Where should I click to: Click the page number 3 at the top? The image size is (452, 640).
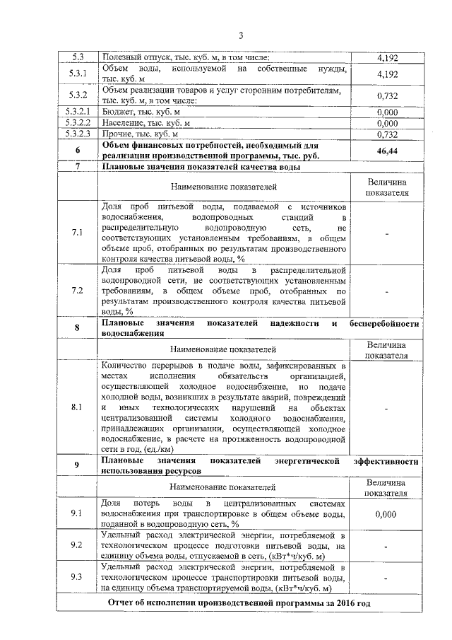[240, 36]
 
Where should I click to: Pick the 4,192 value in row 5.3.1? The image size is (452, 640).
[386, 74]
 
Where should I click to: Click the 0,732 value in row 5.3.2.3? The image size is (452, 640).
[386, 133]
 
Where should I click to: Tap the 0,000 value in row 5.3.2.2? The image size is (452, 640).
[386, 122]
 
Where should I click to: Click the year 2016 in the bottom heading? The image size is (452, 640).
[335, 602]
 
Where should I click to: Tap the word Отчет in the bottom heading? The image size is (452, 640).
[122, 602]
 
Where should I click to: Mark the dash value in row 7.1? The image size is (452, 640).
[386, 233]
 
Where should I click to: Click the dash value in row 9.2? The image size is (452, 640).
[386, 546]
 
